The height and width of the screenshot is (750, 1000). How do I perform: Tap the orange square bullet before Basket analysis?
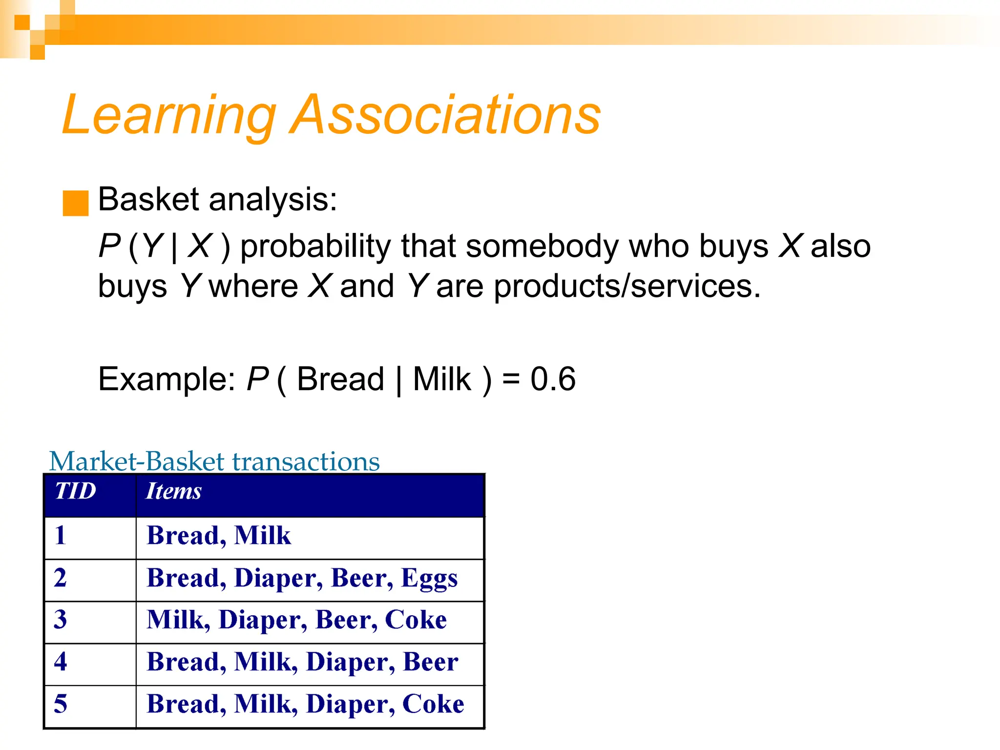point(76,203)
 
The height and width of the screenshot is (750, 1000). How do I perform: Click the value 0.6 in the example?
point(553,379)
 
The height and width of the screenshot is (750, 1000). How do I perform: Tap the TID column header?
point(75,491)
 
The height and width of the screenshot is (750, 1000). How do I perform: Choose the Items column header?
point(174,491)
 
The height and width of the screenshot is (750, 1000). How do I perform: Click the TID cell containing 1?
point(61,535)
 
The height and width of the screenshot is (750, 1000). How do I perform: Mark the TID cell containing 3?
point(61,620)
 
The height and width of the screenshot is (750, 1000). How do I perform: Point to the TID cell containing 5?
point(61,704)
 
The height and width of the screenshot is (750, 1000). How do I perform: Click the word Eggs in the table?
point(429,578)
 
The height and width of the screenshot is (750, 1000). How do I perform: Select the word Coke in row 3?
point(416,620)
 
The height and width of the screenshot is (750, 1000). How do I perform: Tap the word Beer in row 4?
point(430,662)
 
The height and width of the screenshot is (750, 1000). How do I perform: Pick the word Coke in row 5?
point(433,704)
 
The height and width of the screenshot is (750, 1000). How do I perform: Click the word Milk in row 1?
point(262,535)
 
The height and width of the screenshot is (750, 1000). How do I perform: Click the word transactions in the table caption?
point(306,461)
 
